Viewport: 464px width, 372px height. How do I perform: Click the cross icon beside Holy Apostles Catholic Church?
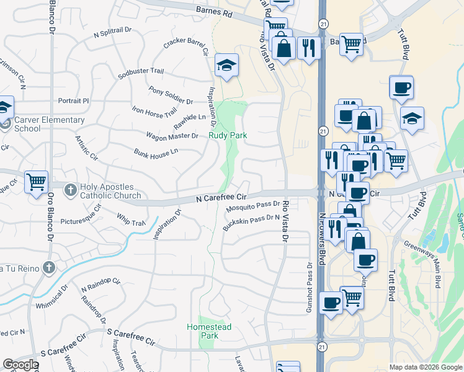[x=71, y=190]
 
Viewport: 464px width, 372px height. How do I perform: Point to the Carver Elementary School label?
[x=49, y=124]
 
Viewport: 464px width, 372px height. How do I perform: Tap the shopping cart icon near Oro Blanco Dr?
[x=36, y=182]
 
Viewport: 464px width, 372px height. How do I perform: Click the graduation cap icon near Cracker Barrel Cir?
[x=227, y=64]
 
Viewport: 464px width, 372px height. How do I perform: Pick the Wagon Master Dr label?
[x=172, y=136]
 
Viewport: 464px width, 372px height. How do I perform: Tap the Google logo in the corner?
[x=20, y=365]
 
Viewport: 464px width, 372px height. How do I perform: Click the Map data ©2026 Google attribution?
[x=425, y=367]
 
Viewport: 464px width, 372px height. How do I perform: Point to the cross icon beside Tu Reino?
[x=50, y=268]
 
